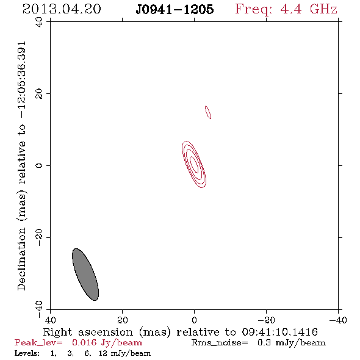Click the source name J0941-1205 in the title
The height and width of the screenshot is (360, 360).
click(x=175, y=9)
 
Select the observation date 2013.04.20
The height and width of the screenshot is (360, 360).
click(x=62, y=9)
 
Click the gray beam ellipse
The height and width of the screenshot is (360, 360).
click(x=85, y=275)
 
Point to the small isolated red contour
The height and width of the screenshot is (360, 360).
click(x=208, y=112)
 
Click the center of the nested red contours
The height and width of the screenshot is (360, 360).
click(x=194, y=164)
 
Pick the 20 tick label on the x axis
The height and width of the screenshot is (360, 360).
click(x=123, y=320)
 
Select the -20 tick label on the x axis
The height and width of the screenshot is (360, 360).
click(x=266, y=320)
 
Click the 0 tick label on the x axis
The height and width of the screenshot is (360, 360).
click(x=195, y=320)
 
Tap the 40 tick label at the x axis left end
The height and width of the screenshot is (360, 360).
click(x=50, y=320)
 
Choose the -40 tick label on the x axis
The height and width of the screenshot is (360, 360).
click(x=338, y=320)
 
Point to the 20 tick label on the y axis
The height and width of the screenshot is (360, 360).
click(x=39, y=94)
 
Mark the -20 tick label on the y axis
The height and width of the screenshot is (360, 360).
click(x=39, y=237)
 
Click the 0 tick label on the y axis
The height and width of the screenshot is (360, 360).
click(x=39, y=165)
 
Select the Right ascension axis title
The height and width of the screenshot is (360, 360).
click(x=107, y=332)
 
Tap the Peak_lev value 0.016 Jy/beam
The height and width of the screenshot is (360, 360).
click(x=107, y=342)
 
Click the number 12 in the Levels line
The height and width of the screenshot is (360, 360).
click(x=103, y=353)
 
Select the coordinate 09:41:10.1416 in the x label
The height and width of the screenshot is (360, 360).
click(x=280, y=332)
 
